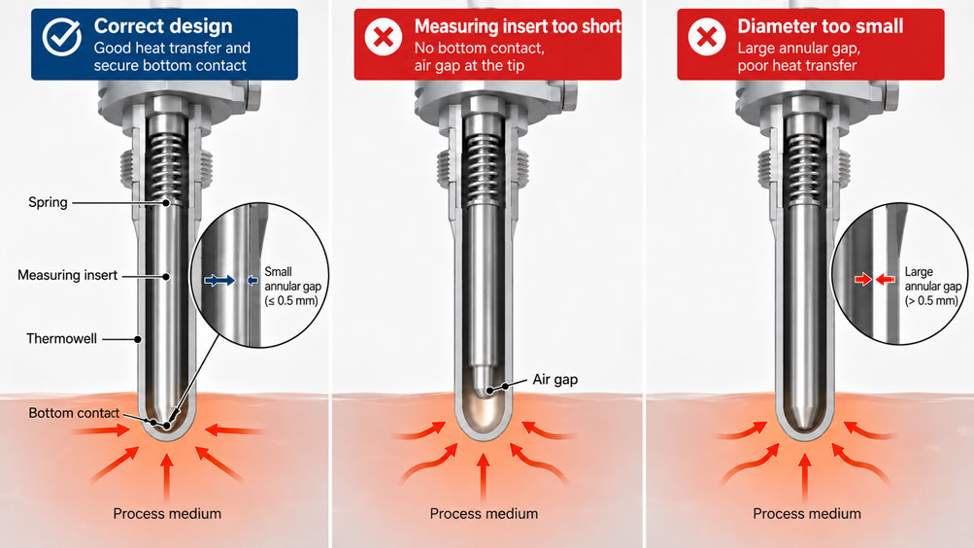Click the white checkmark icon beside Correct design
point(61,37)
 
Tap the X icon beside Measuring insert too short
point(384,37)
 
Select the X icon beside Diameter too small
point(707,37)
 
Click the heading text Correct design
point(163,26)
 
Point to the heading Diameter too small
point(820,26)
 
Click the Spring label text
point(48,202)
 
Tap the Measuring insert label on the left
point(67,275)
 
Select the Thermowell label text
point(61,339)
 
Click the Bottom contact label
point(74,413)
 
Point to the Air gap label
point(554,380)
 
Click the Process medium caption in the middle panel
point(484,514)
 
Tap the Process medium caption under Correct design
point(167,514)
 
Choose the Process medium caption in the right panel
point(807,514)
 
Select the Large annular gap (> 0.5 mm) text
point(933,287)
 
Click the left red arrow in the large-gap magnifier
point(862,280)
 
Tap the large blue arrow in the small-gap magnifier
point(219,281)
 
